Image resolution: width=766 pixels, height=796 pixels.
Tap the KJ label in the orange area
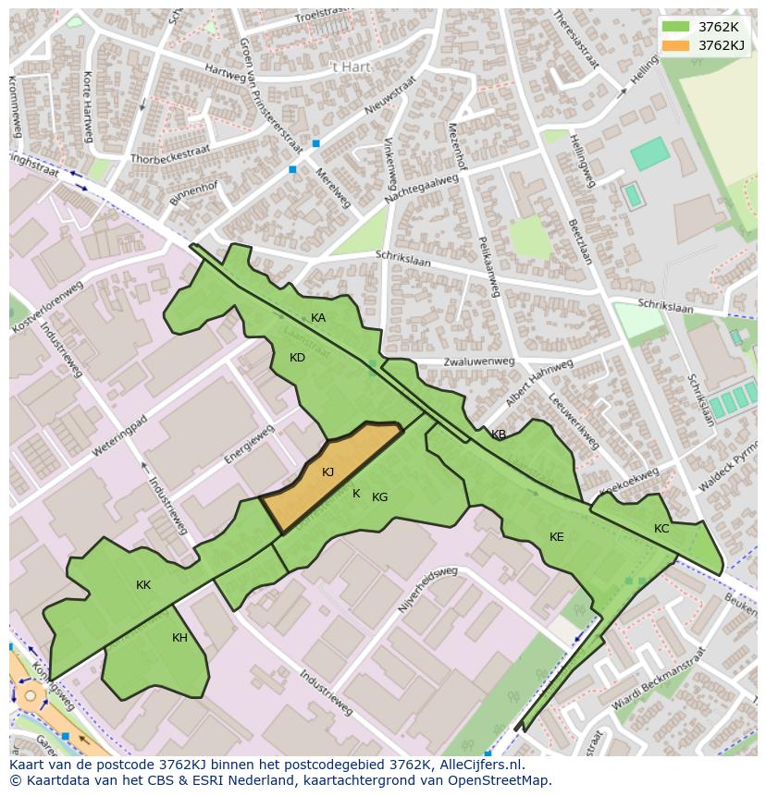(327, 472)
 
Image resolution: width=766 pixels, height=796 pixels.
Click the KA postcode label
(318, 318)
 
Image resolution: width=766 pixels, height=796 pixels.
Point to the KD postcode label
(297, 358)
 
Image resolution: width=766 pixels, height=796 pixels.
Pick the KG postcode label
(379, 497)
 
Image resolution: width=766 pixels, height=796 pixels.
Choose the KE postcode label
(556, 537)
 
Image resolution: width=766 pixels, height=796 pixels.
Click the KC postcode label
(661, 529)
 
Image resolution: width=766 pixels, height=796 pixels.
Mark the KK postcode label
(143, 585)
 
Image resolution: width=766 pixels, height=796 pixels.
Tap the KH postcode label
(179, 638)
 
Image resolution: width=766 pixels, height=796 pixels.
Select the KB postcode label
(499, 435)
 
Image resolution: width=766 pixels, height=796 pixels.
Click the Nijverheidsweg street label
(427, 591)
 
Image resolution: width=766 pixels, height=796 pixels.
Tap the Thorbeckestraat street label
(170, 153)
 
